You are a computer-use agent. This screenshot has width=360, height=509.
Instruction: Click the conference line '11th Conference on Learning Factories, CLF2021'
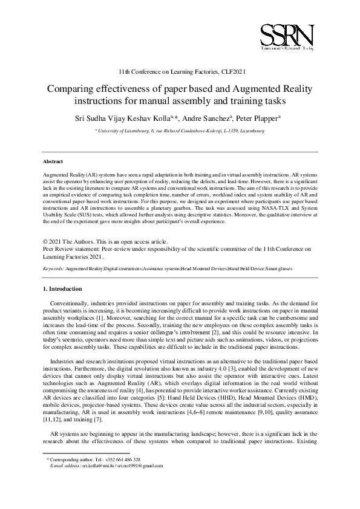(179, 71)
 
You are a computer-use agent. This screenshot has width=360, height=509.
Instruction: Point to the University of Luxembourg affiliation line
(180, 130)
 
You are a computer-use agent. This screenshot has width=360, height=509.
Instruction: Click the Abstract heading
(53, 162)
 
